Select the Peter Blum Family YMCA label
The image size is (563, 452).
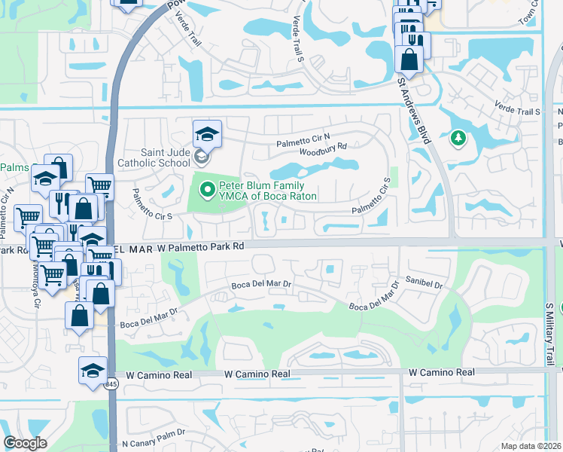(x=267, y=191)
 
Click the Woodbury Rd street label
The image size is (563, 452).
(x=322, y=146)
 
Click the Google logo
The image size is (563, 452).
(x=25, y=443)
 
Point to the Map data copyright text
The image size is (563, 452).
(x=531, y=446)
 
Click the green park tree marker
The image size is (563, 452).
(x=457, y=139)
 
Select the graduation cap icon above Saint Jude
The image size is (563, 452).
(x=208, y=134)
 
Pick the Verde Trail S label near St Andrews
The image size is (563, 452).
(x=518, y=110)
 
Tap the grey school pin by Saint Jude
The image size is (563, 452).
(x=201, y=157)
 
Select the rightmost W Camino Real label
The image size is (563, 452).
(x=442, y=372)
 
